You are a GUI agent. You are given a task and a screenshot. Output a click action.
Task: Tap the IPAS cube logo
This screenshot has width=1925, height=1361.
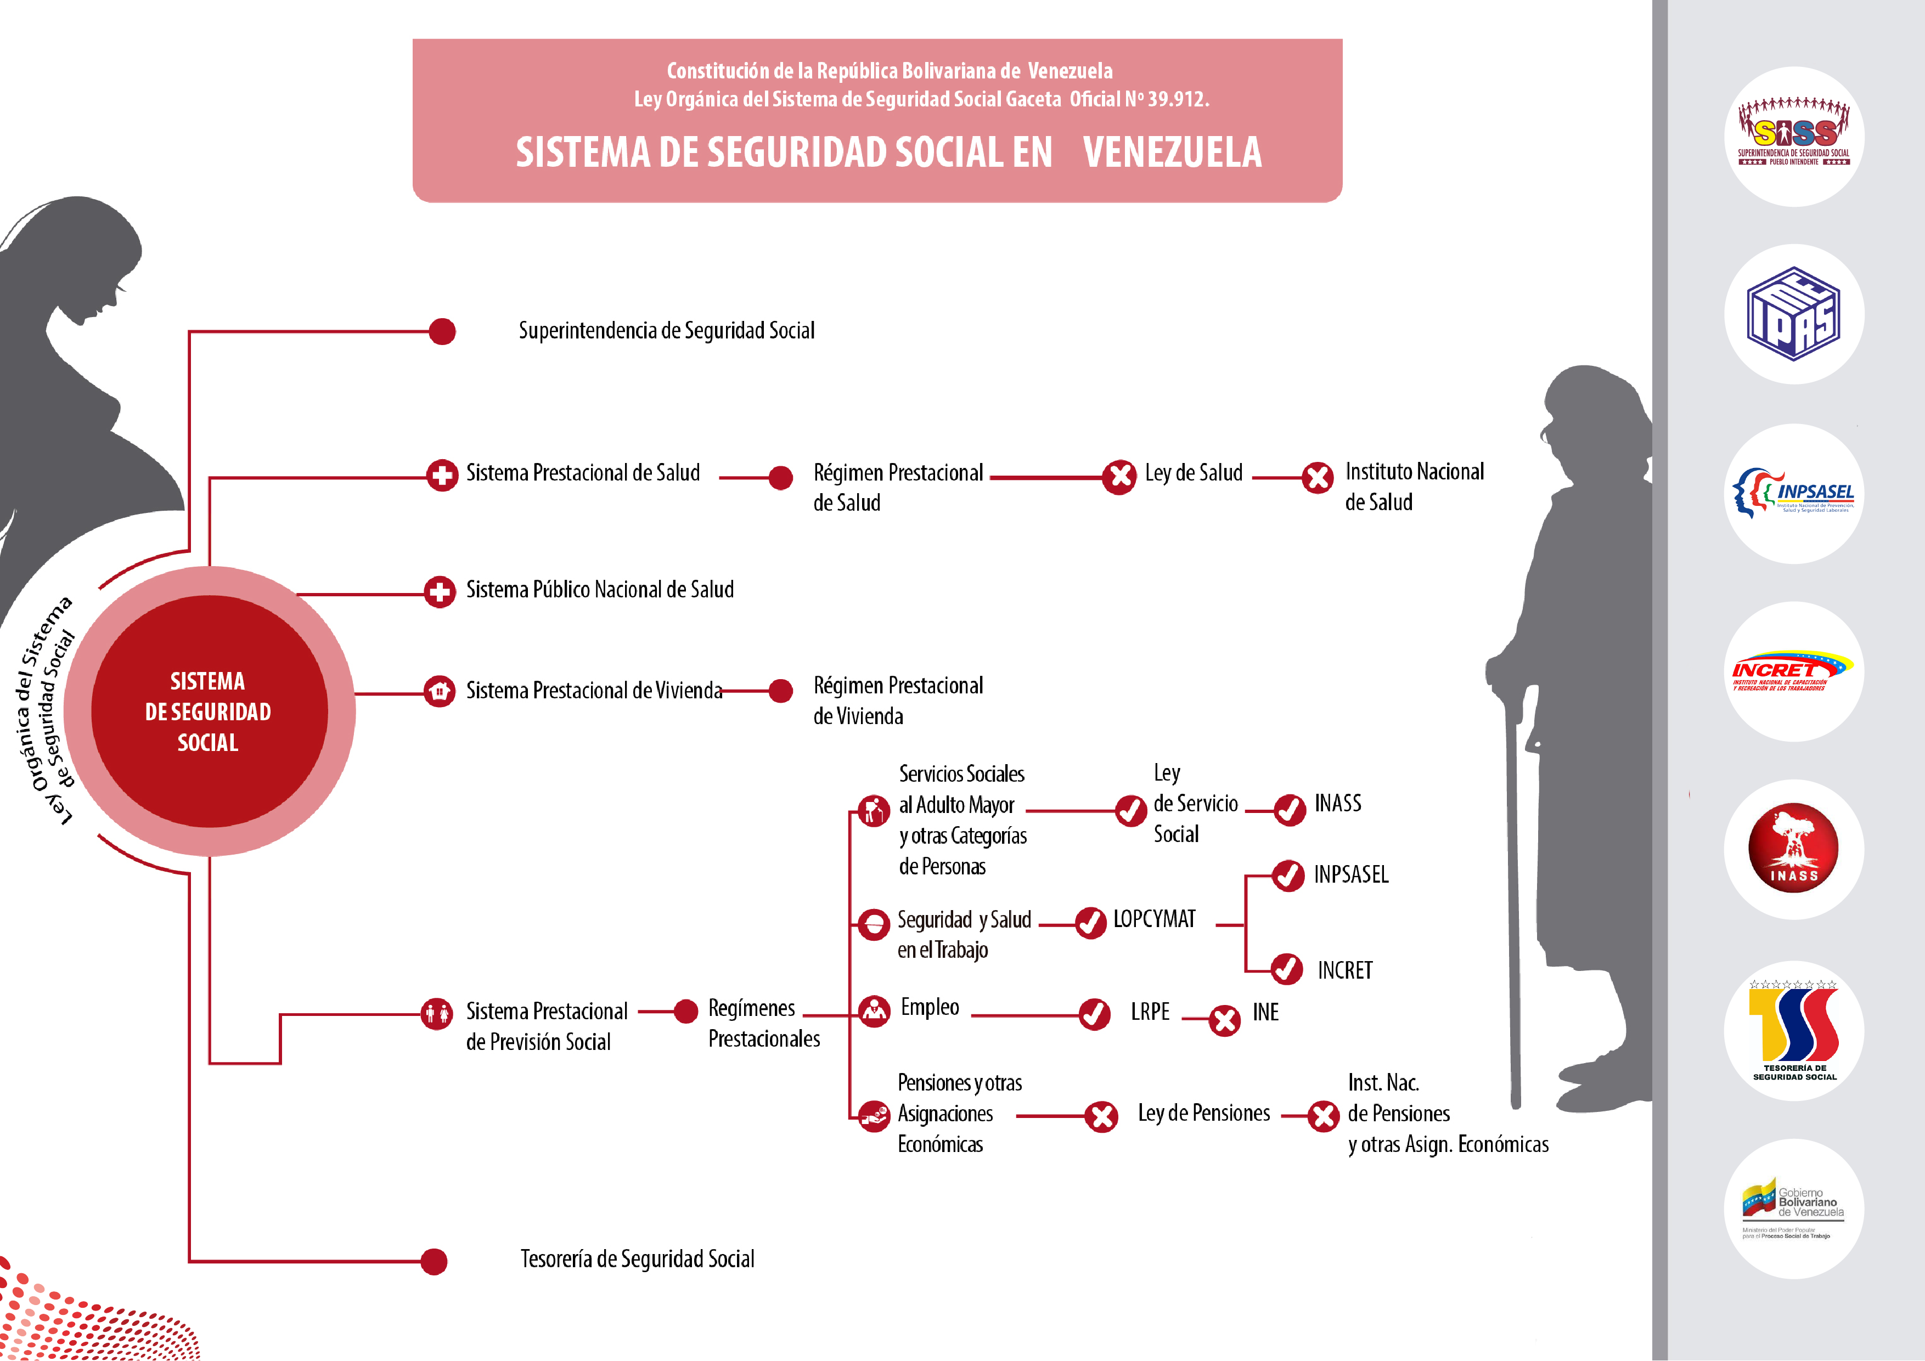1793,314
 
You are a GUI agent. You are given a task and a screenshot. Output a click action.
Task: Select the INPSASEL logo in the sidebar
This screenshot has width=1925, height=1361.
1793,494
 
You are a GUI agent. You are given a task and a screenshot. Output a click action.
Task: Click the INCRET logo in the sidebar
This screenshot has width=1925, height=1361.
1793,671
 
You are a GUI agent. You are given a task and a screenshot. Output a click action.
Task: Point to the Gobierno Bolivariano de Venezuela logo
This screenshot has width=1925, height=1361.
1793,1208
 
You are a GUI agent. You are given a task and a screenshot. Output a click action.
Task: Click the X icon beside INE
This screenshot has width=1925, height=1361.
1225,1020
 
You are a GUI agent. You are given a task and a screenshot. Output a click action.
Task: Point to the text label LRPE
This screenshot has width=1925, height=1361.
1150,1012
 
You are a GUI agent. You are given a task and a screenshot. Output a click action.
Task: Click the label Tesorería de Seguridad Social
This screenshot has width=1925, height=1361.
637,1259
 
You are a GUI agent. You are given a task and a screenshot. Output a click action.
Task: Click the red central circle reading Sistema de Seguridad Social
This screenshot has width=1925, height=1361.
209,711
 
